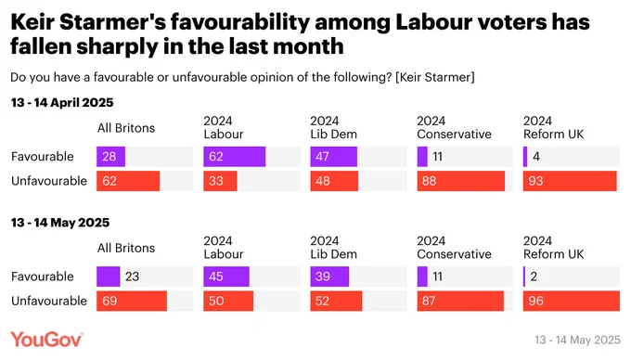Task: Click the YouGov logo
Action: click(x=46, y=340)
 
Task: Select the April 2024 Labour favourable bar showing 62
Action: click(x=234, y=157)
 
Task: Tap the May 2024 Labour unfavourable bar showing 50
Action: click(x=228, y=301)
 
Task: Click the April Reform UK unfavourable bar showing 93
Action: click(x=570, y=181)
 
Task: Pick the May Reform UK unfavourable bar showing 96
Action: click(x=572, y=301)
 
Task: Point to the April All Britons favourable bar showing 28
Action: click(x=110, y=157)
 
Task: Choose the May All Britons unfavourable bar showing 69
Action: click(x=132, y=301)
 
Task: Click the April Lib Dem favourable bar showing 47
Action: click(x=334, y=157)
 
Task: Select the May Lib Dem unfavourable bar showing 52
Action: click(x=336, y=301)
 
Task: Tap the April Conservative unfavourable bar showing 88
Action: click(x=461, y=181)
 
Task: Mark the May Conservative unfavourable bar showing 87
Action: click(x=460, y=301)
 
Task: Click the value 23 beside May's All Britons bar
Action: click(x=132, y=276)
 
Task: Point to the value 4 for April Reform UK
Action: click(x=536, y=157)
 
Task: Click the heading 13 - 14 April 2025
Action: click(x=62, y=103)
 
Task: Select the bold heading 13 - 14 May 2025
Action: click(x=60, y=223)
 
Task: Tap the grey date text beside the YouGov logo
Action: click(x=577, y=340)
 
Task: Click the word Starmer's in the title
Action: click(x=112, y=22)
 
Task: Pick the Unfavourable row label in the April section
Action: click(x=49, y=181)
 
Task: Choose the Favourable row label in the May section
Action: click(x=43, y=276)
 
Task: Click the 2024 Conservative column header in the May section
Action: click(x=454, y=248)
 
